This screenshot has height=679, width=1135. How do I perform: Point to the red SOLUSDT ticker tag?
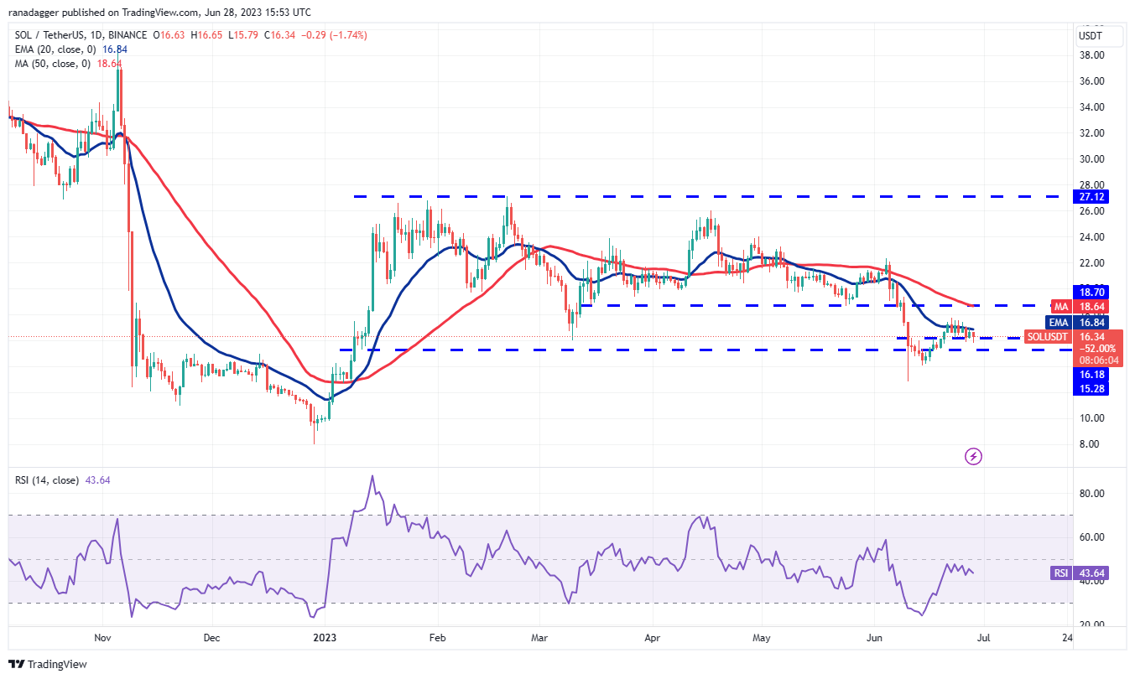pos(1047,337)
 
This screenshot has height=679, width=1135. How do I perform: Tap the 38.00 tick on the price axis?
pos(1091,55)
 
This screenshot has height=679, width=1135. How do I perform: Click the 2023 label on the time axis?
pos(325,638)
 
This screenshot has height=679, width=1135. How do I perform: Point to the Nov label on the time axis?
pos(102,638)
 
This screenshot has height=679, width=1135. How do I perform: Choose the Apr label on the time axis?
pos(652,638)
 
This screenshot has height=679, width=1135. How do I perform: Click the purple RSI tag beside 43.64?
pos(1060,573)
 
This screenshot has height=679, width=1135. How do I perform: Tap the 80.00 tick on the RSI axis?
pos(1091,494)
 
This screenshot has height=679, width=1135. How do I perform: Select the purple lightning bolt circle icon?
pos(973,456)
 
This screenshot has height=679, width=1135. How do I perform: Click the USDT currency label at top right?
pos(1090,36)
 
